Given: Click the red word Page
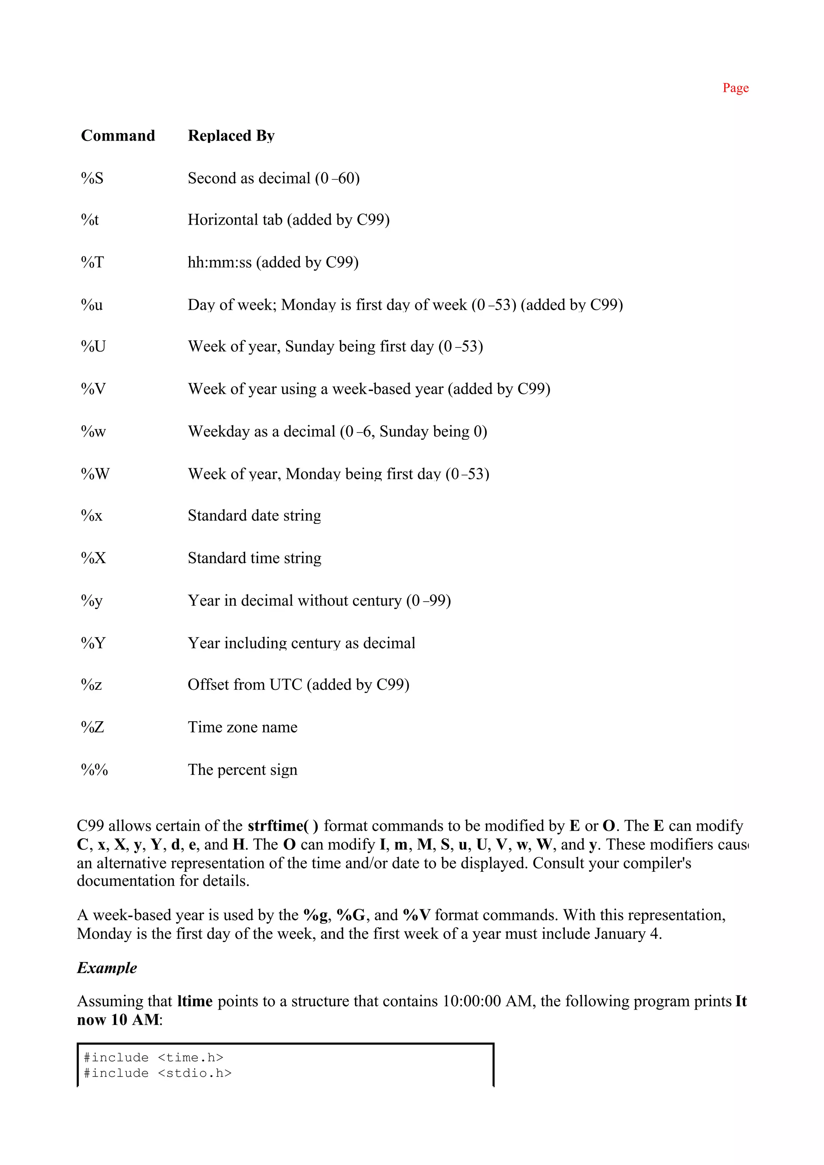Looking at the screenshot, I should [x=735, y=88].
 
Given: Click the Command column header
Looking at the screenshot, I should [x=118, y=136].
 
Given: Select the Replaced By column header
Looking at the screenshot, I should [x=231, y=136].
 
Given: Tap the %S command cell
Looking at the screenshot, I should [x=92, y=178].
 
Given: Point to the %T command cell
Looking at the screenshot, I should [x=92, y=263].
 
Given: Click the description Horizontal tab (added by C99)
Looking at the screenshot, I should [x=288, y=220].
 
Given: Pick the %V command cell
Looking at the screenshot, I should [x=93, y=389].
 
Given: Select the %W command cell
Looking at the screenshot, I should [x=95, y=474].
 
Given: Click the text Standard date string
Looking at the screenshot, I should [x=254, y=515].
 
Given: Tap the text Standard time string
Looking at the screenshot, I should [x=254, y=558].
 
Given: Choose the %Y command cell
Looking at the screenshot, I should [x=93, y=644].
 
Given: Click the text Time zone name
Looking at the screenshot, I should [x=242, y=727].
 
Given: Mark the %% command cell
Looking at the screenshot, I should [x=95, y=770].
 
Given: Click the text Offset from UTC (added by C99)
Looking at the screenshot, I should [x=299, y=685].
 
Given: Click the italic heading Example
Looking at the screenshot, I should [x=107, y=968].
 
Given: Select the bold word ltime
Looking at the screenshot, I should [x=195, y=1001].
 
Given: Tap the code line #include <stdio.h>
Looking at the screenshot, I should [x=157, y=1073].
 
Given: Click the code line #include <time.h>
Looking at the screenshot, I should [x=153, y=1057].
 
